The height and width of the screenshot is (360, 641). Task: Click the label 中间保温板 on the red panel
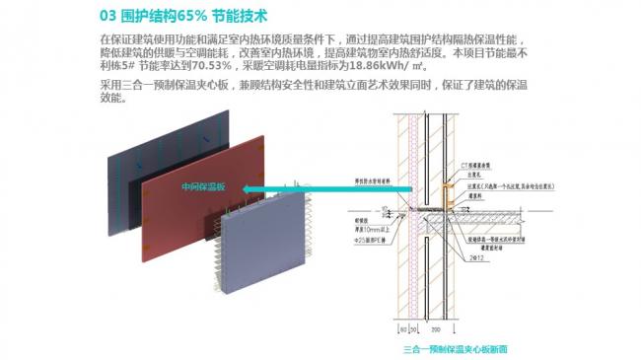(203, 187)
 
